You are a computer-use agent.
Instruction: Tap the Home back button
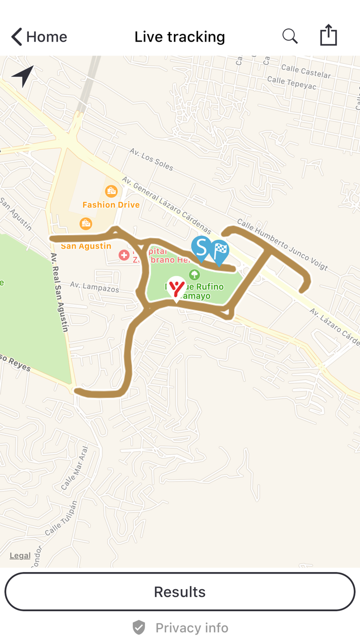coord(39,37)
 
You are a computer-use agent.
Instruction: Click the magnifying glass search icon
coord(290,37)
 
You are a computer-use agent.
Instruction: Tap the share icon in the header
coord(328,36)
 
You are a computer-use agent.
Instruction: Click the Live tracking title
coord(179,37)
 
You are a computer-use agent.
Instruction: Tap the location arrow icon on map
coord(23,76)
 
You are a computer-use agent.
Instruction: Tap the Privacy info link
coord(180,628)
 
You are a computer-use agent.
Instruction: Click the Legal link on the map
coord(20,556)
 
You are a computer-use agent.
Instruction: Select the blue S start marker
coord(201,248)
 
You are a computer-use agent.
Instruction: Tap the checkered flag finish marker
coord(220,251)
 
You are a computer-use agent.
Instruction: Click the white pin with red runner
coord(177,288)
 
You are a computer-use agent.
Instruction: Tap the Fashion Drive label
coord(111,205)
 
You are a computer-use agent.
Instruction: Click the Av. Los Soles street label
coord(151,159)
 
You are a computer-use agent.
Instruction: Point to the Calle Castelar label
coord(306,72)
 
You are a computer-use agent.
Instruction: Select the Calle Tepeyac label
coord(292,83)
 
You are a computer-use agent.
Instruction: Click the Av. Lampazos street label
coord(95,287)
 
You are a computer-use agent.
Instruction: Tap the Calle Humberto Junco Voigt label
coord(282,244)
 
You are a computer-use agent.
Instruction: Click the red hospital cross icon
coord(124,255)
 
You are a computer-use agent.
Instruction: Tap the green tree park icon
coord(194,275)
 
